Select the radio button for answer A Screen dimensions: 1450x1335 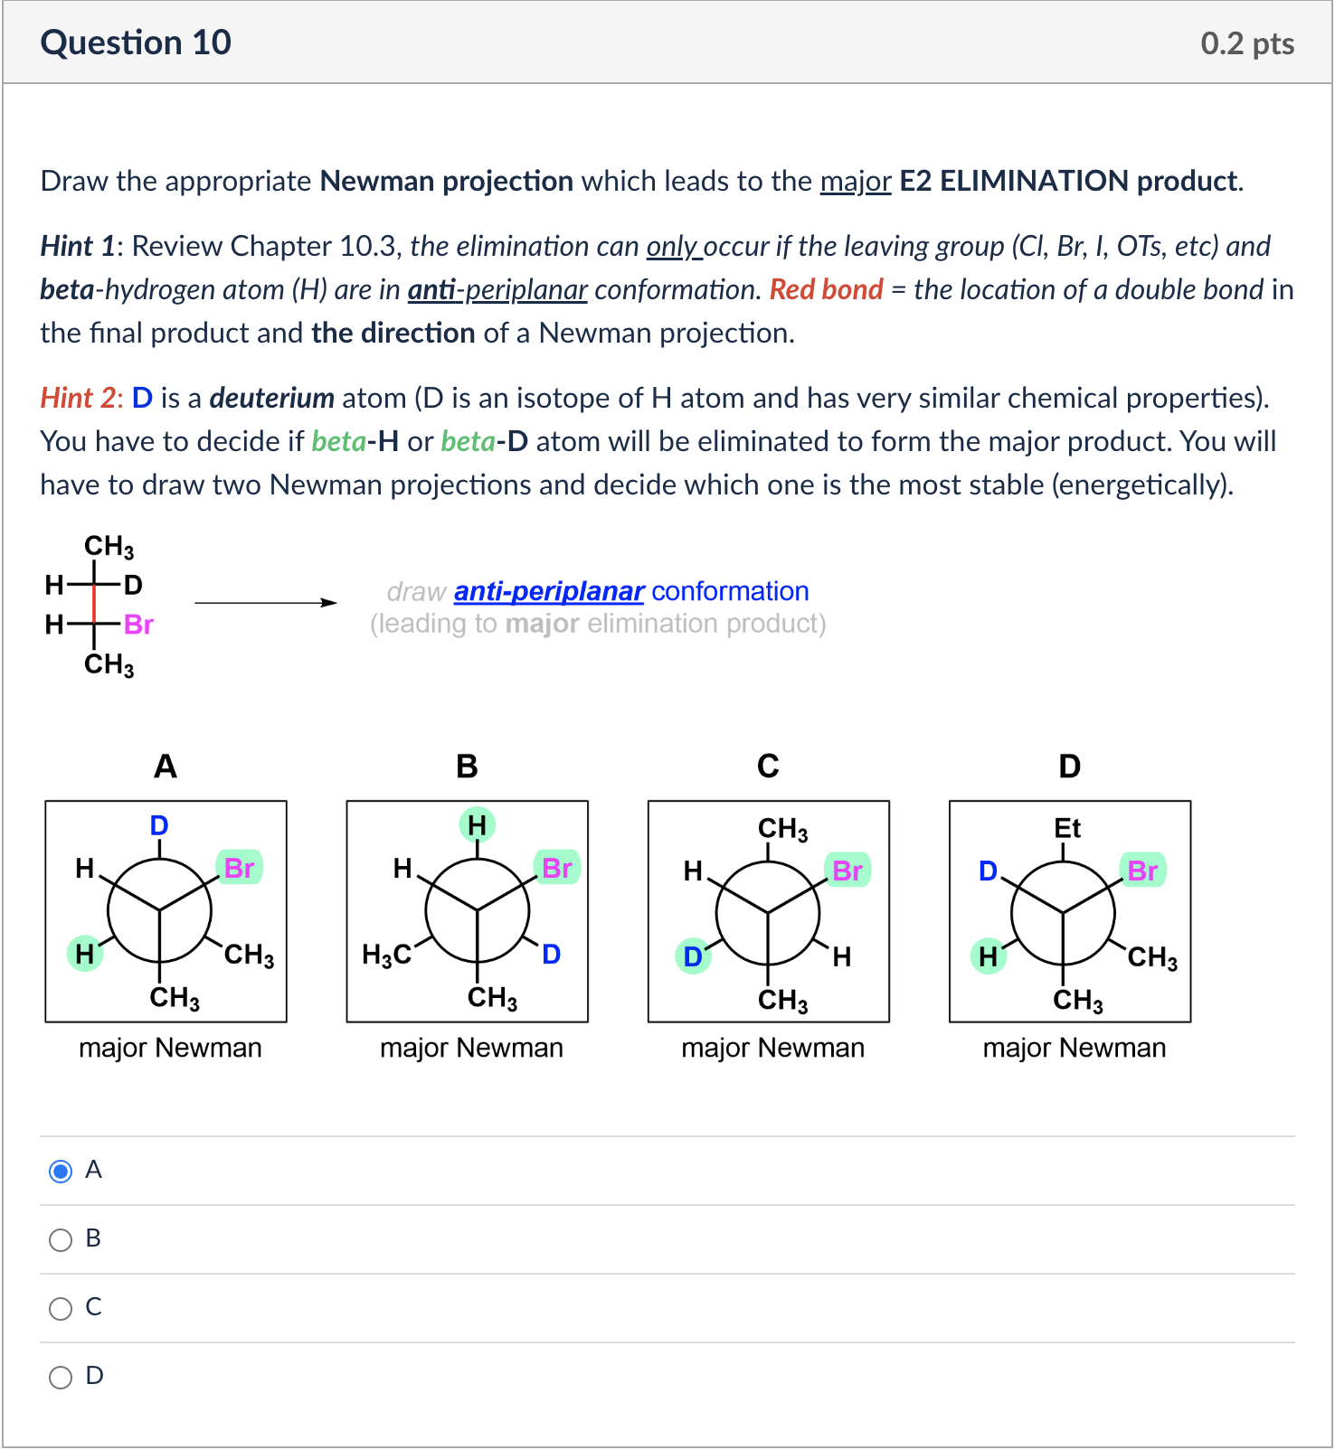[x=61, y=1172]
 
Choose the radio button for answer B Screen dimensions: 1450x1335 [x=61, y=1240]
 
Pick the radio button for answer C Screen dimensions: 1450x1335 [x=61, y=1309]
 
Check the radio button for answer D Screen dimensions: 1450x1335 [x=61, y=1378]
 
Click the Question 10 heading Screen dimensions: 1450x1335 [x=136, y=42]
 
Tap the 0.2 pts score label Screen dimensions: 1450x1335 [x=1246, y=43]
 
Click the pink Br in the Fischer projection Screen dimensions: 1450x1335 [x=138, y=625]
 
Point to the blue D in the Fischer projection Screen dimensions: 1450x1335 [x=133, y=585]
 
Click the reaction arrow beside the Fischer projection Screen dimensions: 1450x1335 [x=265, y=603]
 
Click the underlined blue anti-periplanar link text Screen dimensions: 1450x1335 [x=548, y=591]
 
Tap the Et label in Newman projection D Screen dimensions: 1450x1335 [x=1067, y=828]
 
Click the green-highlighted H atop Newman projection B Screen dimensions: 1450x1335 [x=478, y=824]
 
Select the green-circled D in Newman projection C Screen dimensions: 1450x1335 [x=693, y=956]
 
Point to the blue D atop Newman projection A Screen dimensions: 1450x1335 [x=159, y=825]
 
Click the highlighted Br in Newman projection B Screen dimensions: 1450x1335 [x=556, y=868]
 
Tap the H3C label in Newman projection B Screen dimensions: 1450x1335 [x=386, y=956]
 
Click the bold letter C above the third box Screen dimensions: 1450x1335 [x=768, y=767]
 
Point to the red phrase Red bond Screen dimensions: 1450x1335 [x=826, y=289]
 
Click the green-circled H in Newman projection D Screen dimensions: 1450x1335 [x=988, y=956]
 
